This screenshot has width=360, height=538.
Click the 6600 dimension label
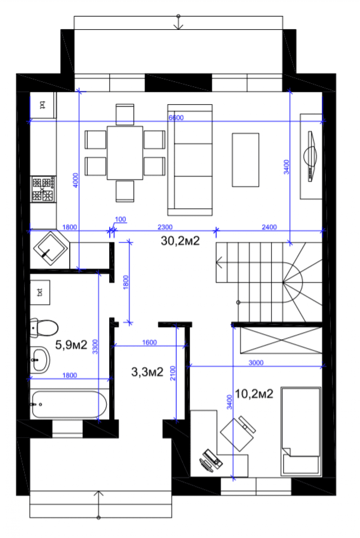point(176,117)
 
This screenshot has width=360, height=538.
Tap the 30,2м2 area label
point(180,241)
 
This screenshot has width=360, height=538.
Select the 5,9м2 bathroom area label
point(71,344)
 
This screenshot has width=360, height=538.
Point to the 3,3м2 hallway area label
point(147,372)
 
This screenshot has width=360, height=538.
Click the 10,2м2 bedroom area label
point(254,394)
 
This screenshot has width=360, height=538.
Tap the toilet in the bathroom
point(44,328)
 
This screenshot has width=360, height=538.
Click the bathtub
point(69,404)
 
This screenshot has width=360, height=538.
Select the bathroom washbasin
point(40,360)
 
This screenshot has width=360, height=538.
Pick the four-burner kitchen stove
point(43,189)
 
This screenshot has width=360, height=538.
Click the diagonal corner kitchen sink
point(51,248)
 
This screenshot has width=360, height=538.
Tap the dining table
point(125,153)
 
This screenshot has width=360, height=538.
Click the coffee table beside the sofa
point(245,160)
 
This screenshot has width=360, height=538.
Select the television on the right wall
point(311,156)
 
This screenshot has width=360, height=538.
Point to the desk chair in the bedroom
point(238,433)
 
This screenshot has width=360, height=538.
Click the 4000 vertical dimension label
point(75,180)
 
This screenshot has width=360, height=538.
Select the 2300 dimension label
point(165,227)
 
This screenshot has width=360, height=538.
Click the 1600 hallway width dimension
point(150,342)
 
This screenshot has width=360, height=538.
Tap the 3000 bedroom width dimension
point(256,363)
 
